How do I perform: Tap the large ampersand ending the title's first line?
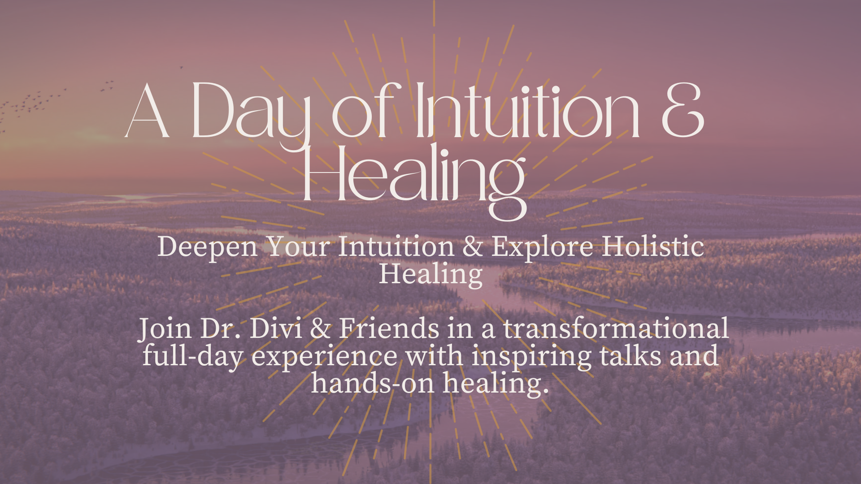point(683,111)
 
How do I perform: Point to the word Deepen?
point(208,248)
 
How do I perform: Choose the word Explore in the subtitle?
point(543,248)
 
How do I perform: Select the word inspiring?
point(531,357)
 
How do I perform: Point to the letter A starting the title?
point(147,111)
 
